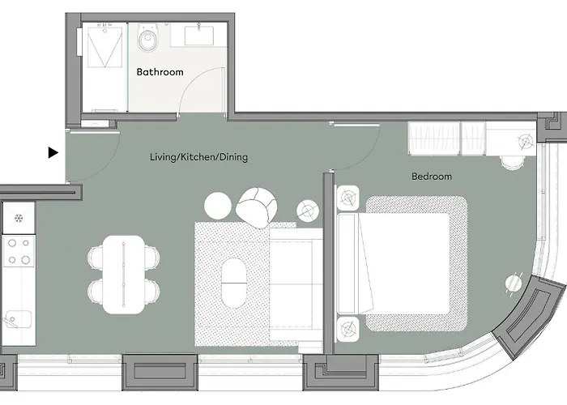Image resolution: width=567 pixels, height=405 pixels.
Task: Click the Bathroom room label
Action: pyautogui.click(x=160, y=72)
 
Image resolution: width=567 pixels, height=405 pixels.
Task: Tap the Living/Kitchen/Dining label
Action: pyautogui.click(x=199, y=157)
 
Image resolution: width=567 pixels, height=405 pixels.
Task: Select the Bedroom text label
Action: pyautogui.click(x=432, y=177)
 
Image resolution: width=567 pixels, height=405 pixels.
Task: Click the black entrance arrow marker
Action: pyautogui.click(x=53, y=152)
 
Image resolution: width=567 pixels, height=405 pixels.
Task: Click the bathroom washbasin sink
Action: pyautogui.click(x=198, y=35)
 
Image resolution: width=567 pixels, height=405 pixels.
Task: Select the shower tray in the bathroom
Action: pyautogui.click(x=104, y=45)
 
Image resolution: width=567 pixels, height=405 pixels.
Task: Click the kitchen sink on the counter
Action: pyautogui.click(x=17, y=319)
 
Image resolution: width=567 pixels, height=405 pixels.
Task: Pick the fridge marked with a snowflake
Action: pyautogui.click(x=19, y=218)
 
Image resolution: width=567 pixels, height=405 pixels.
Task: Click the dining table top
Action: pyautogui.click(x=123, y=275)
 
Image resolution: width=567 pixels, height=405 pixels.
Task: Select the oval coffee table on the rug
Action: pyautogui.click(x=234, y=283)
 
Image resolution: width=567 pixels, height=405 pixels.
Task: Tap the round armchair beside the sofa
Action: pyautogui.click(x=257, y=207)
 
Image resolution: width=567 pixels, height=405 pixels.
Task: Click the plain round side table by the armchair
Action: pyautogui.click(x=217, y=206)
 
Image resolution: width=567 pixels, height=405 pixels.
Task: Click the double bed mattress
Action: pyautogui.click(x=404, y=263)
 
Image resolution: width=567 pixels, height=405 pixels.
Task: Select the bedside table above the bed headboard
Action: pyautogui.click(x=347, y=198)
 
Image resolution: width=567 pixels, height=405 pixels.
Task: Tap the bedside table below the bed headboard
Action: pyautogui.click(x=347, y=329)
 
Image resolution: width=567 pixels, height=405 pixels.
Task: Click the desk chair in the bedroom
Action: pyautogui.click(x=512, y=162)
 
